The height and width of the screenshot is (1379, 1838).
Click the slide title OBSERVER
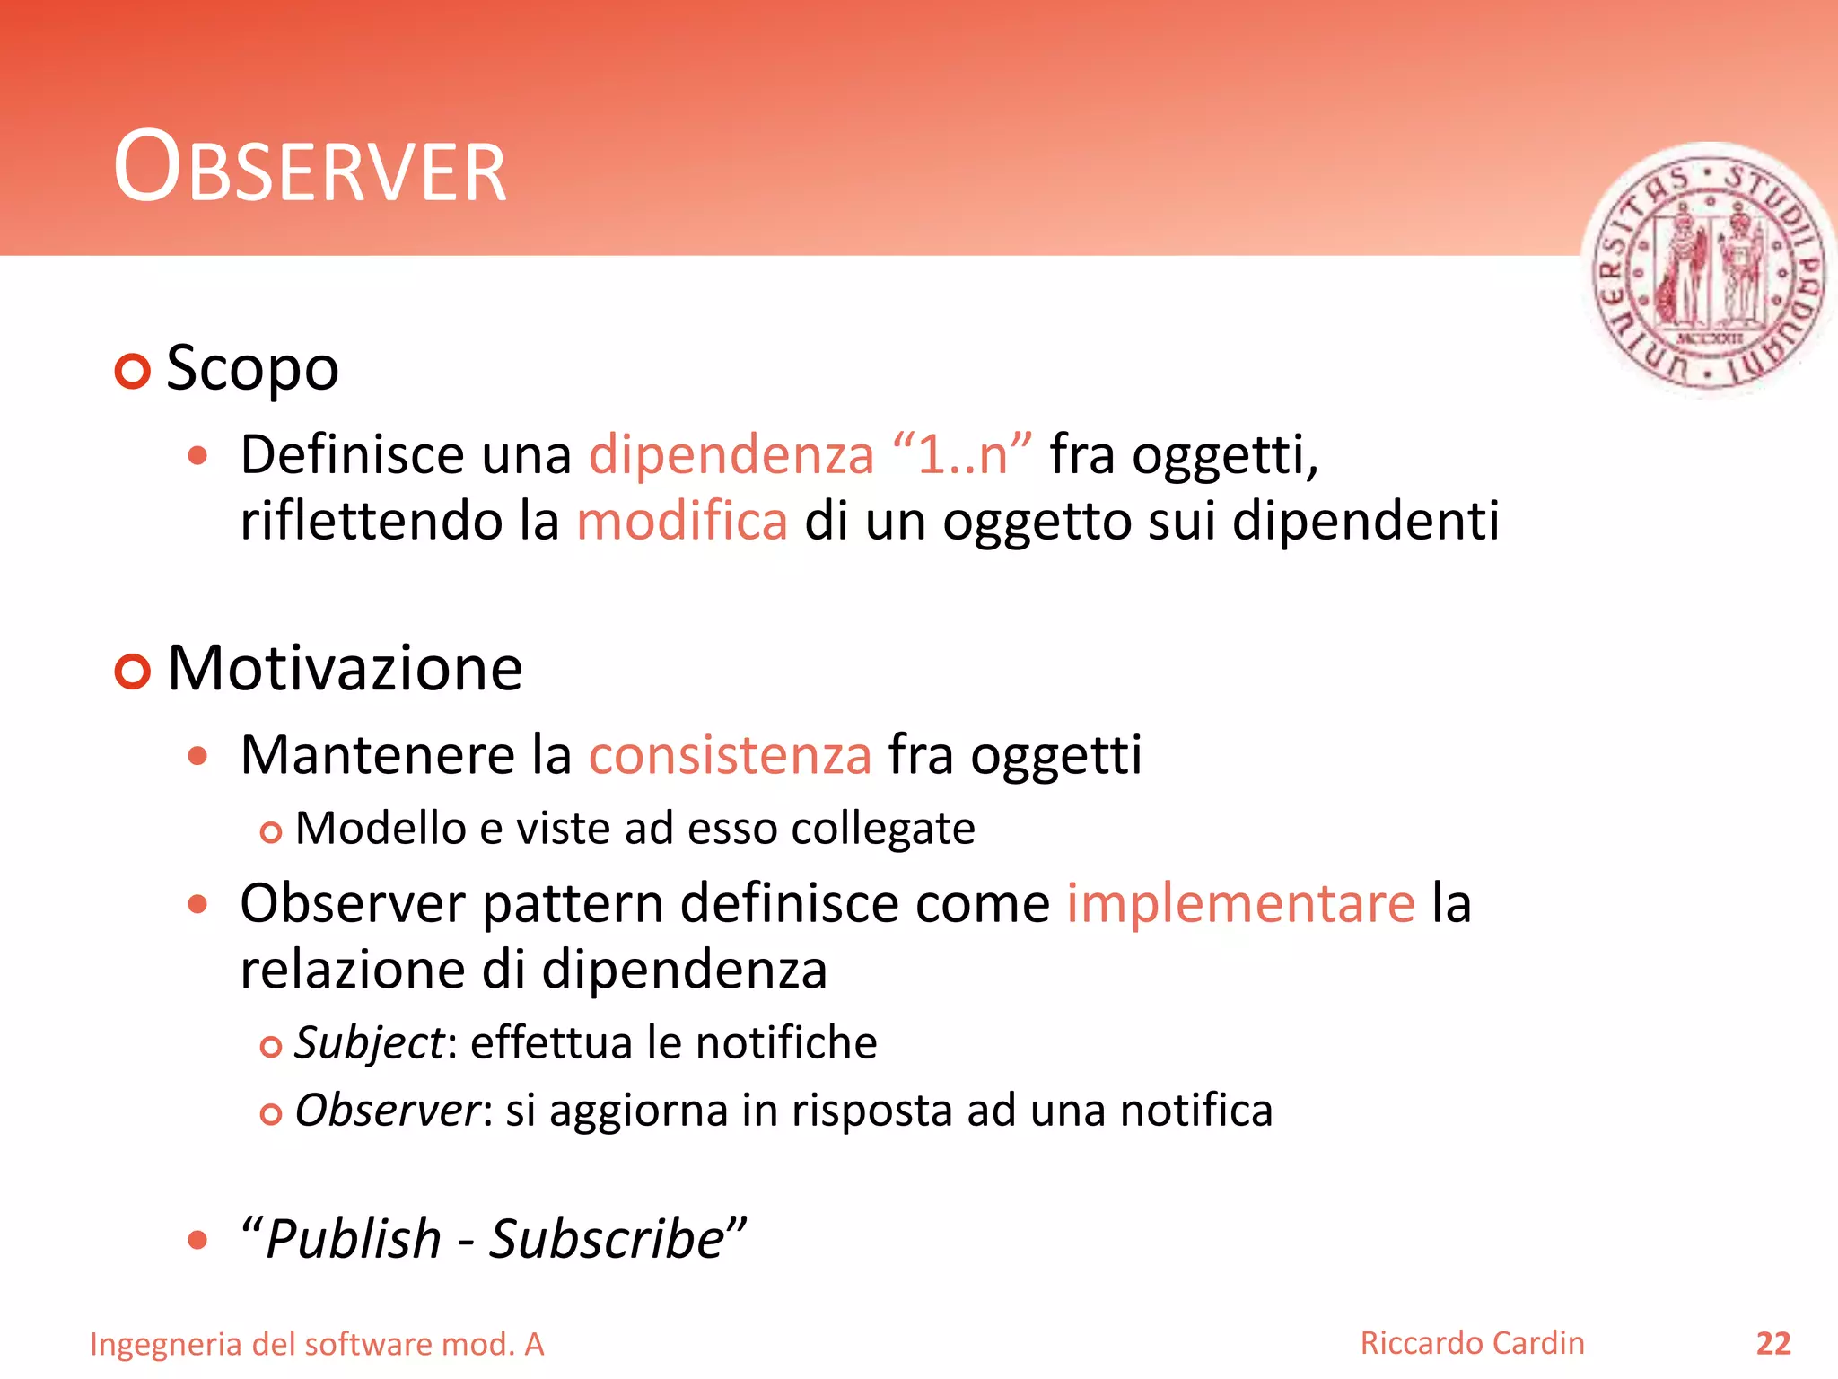(310, 168)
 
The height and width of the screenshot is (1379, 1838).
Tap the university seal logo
(1708, 270)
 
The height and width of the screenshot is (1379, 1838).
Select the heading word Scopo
(252, 368)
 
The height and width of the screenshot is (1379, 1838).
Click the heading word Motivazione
(345, 669)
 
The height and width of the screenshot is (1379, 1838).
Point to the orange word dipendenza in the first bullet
(731, 454)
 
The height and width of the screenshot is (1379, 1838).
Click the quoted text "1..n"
(962, 453)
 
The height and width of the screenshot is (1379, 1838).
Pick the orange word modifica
(682, 521)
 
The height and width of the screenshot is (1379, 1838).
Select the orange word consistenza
(730, 755)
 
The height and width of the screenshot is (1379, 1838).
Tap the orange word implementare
(1240, 903)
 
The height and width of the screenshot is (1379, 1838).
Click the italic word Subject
(369, 1043)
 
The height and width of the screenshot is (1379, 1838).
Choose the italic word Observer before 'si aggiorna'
(388, 1111)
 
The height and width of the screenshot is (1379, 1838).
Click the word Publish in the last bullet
(354, 1240)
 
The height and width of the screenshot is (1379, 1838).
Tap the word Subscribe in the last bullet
(607, 1240)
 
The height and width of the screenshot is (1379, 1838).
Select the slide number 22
(1772, 1344)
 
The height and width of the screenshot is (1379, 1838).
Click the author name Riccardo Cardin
(1472, 1343)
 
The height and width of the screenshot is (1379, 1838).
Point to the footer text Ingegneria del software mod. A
(317, 1345)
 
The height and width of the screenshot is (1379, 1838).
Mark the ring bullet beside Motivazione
(133, 672)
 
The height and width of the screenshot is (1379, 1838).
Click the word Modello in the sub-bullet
(380, 828)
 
